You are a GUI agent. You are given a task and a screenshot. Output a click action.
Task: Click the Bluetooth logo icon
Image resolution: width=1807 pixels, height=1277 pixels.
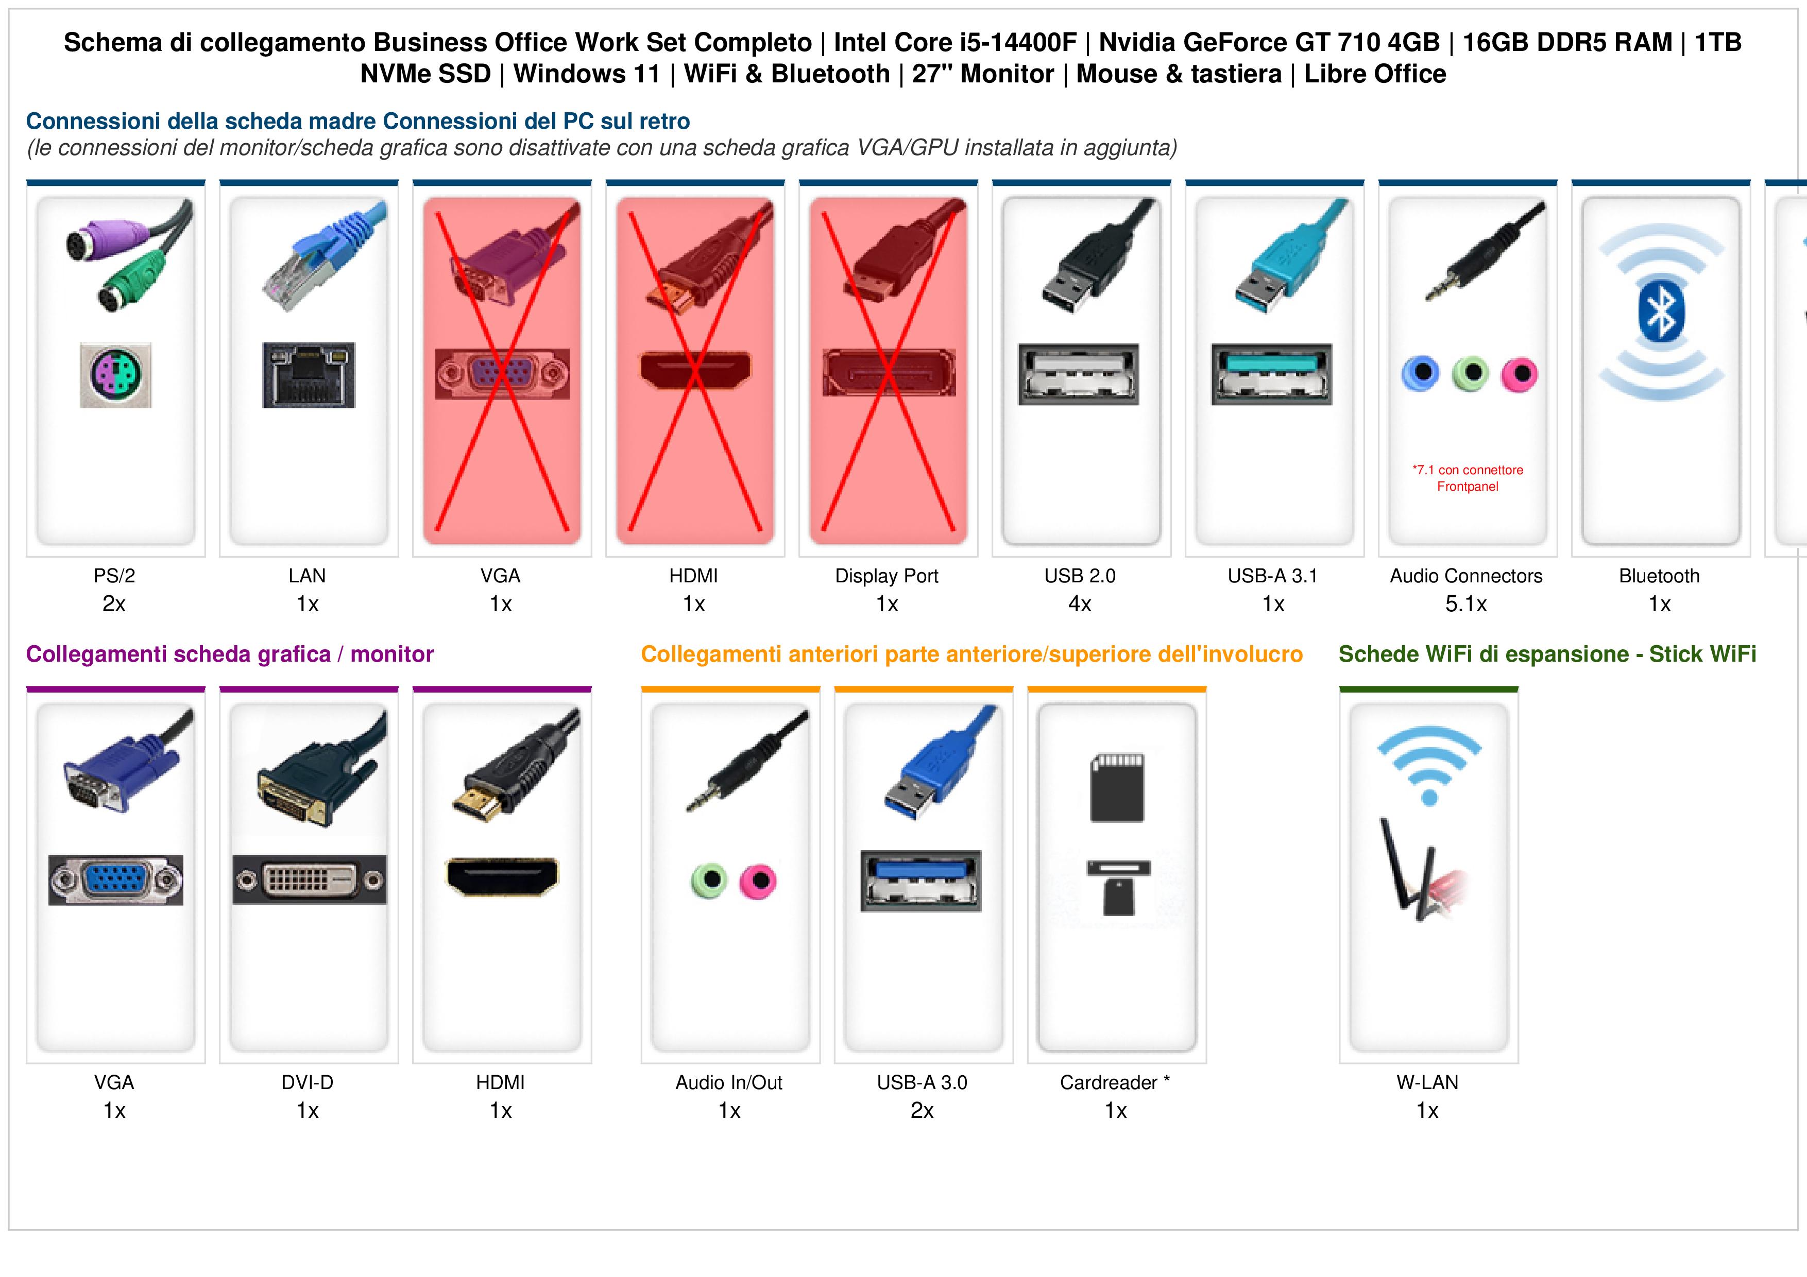coord(1661,313)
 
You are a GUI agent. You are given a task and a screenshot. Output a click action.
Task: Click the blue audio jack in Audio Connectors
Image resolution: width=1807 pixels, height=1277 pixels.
coord(1421,372)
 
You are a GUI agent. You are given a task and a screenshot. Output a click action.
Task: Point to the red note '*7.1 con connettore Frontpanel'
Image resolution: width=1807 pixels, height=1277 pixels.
coord(1468,478)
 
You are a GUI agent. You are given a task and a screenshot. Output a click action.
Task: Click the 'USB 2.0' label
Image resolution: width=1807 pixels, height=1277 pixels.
coord(1080,576)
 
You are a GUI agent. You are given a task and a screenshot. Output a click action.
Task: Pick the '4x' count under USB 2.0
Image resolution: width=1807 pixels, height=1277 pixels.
coord(1080,605)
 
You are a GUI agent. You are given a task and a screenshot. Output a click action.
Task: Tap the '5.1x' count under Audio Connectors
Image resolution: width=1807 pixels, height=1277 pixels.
coord(1466,605)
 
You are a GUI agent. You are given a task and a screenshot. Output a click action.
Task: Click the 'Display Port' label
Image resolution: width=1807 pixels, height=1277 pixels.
coord(887,576)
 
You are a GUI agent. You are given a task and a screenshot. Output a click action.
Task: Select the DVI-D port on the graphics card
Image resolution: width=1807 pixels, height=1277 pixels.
coord(309,879)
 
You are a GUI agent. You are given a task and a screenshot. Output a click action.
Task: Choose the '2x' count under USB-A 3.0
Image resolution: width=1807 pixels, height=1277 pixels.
coord(923,1111)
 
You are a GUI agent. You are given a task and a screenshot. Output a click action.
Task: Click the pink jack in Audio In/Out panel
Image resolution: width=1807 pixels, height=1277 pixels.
coord(758,881)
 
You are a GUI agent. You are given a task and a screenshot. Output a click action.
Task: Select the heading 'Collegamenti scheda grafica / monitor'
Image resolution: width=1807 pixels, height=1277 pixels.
coord(230,654)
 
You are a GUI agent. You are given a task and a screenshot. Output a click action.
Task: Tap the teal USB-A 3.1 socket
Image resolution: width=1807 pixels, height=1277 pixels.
coord(1272,374)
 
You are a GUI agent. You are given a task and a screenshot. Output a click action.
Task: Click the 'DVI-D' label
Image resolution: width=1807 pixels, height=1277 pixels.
coord(308,1083)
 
